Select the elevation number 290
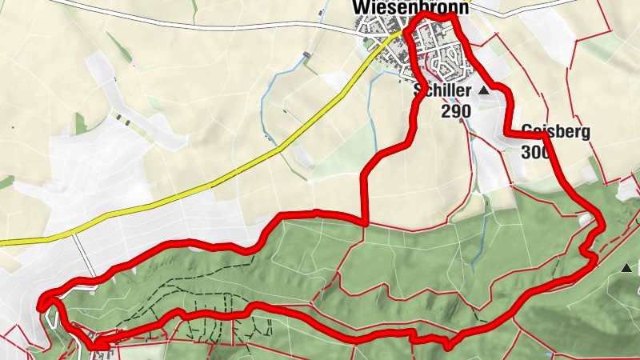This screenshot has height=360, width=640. pos(455,110)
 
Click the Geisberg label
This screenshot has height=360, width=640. pos(555,132)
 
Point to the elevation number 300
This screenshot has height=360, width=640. pos(534,151)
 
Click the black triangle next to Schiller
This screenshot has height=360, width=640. pos(483,92)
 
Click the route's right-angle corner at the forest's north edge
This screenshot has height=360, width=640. pos(364,222)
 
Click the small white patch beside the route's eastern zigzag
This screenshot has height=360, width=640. pos(586,218)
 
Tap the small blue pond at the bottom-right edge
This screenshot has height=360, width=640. pos(550,354)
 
